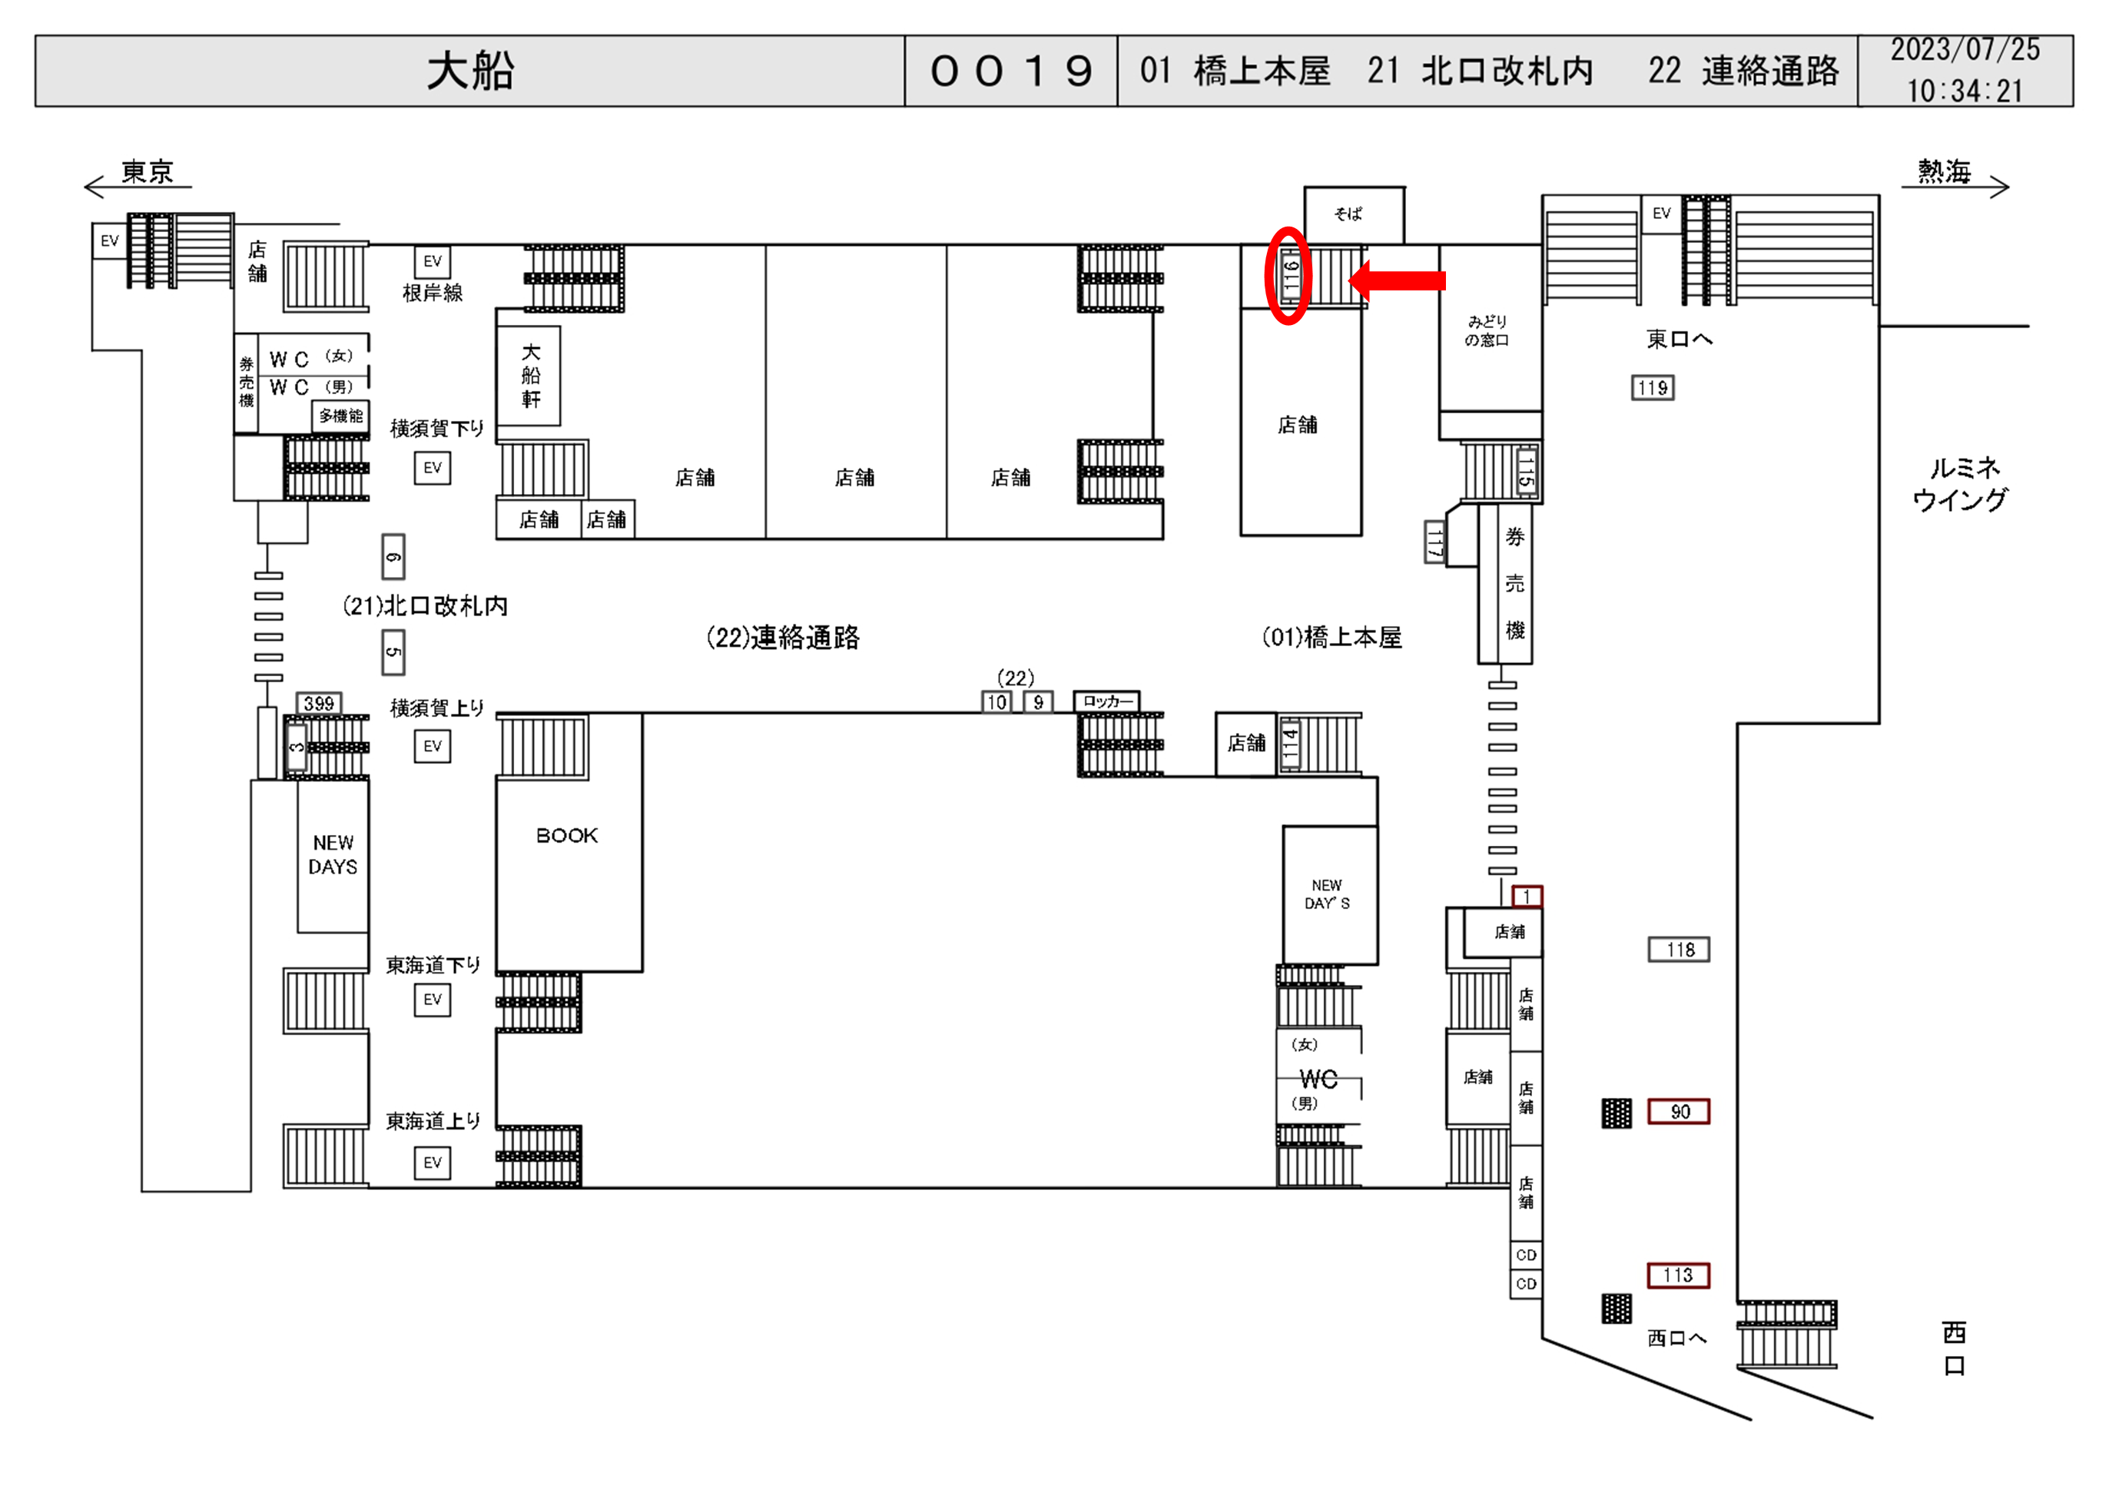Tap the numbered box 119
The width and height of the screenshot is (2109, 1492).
point(1652,388)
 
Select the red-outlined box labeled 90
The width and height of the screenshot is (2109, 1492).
point(1678,1112)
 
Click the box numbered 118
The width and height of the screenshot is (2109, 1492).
point(1678,949)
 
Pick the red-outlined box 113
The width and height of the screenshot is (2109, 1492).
point(1677,1275)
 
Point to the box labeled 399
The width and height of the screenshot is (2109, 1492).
point(319,704)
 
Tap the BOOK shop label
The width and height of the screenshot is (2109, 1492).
point(567,835)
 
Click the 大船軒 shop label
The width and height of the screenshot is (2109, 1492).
point(531,376)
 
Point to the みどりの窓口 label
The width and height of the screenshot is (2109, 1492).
point(1486,330)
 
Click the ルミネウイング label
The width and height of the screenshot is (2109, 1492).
point(1961,484)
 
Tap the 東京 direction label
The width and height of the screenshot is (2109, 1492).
point(147,172)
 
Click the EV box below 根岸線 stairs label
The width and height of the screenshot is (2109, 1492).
point(432,262)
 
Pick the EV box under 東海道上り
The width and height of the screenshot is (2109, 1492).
point(432,1162)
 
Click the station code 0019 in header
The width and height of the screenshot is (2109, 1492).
point(1010,71)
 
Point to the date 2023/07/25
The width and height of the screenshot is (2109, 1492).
point(1965,51)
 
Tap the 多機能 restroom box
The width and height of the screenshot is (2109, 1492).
point(341,416)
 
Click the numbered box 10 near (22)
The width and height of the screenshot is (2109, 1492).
point(996,703)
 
